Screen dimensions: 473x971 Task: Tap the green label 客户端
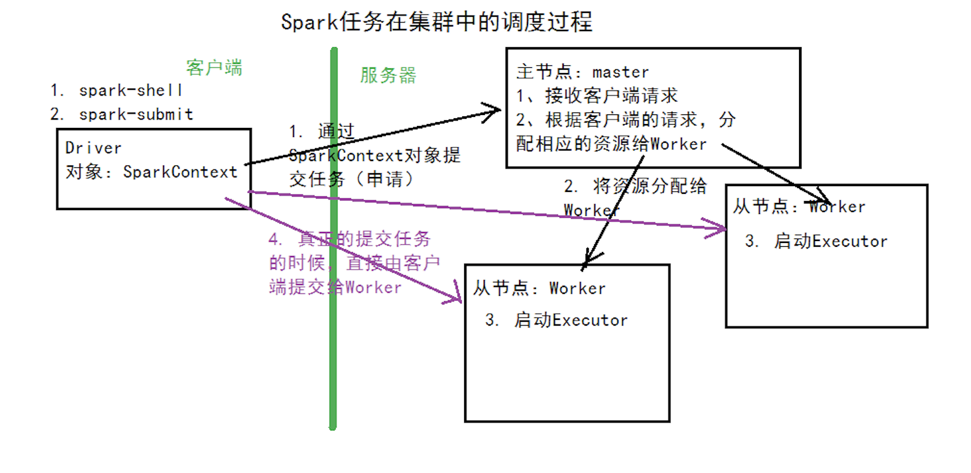tap(214, 68)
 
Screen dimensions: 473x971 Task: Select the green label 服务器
tap(388, 76)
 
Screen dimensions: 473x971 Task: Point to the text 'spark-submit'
tap(136, 114)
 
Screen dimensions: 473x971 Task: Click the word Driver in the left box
tap(94, 148)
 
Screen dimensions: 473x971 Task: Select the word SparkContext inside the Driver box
tap(180, 172)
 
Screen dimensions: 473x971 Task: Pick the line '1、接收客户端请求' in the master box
tap(597, 96)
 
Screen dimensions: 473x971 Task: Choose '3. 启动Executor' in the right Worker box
tap(816, 242)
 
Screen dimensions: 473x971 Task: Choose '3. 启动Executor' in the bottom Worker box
tap(557, 320)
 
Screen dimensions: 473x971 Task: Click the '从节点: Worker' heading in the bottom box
tap(539, 288)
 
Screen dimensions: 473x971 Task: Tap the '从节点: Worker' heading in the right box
tap(799, 207)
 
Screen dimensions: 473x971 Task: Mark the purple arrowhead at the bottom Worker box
tap(455, 299)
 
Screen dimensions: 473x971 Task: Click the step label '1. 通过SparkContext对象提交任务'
tap(374, 155)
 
